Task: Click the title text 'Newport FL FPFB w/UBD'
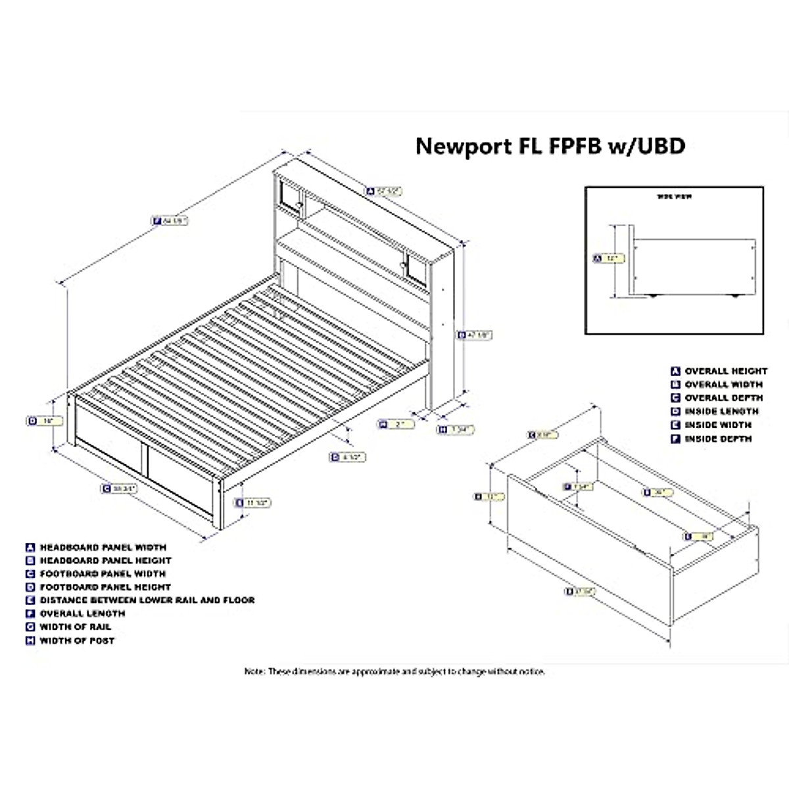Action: pyautogui.click(x=550, y=145)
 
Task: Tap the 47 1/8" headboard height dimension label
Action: pyautogui.click(x=475, y=335)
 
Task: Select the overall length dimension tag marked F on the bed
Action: pyautogui.click(x=170, y=222)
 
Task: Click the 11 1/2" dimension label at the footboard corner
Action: pyautogui.click(x=253, y=503)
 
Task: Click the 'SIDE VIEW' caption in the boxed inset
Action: pyautogui.click(x=675, y=197)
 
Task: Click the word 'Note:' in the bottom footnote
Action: pyautogui.click(x=254, y=671)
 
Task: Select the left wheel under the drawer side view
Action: pyautogui.click(x=653, y=297)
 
